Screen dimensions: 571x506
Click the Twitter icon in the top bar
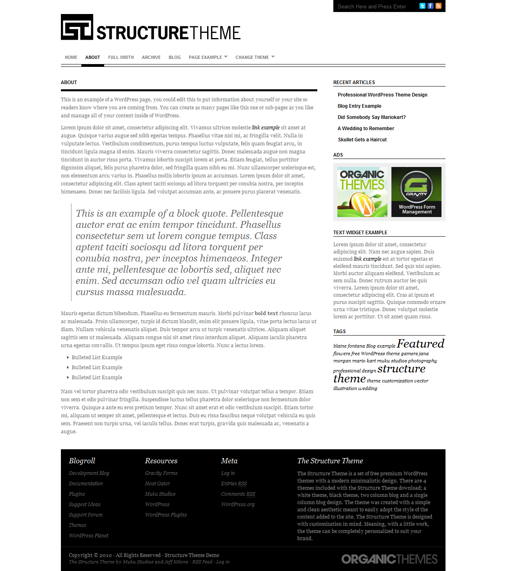coord(422,6)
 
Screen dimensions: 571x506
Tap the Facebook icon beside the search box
coord(430,6)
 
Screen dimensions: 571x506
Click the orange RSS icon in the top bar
coord(438,6)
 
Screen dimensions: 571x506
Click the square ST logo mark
coord(77,27)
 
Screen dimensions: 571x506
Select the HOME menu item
coord(71,57)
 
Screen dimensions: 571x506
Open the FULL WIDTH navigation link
coord(121,57)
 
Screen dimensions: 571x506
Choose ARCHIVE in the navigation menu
coord(151,57)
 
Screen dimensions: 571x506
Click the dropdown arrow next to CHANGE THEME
coord(273,57)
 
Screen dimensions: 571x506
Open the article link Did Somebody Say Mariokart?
coord(371,117)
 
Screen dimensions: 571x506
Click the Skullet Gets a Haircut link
coord(362,140)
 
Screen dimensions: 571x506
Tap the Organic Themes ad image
coord(362,192)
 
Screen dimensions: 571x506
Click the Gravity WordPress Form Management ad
coord(416,192)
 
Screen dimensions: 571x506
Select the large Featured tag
coord(421,344)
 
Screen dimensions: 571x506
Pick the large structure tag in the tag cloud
coord(401,369)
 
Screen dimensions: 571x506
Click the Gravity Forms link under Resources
coord(161,473)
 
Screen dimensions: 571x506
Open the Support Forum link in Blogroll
coord(86,515)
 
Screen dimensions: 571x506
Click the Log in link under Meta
coord(228,473)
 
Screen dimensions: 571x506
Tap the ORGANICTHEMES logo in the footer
coord(389,559)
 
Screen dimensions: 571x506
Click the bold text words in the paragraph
coord(266,314)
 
